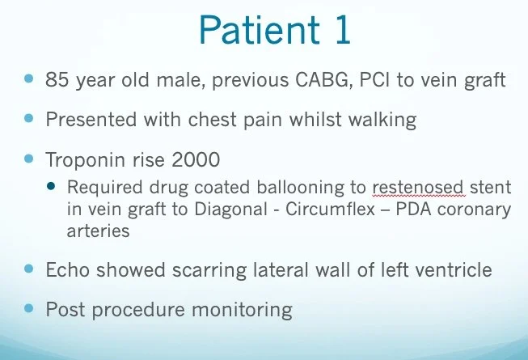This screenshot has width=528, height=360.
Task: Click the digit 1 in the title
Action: tap(342, 29)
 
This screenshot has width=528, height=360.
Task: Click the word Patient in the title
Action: tap(259, 29)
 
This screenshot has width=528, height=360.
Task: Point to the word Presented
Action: tap(91, 120)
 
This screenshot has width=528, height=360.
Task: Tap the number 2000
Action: tap(196, 159)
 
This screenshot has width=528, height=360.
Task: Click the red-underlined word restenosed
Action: tap(419, 187)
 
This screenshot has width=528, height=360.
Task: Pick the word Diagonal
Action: tap(231, 210)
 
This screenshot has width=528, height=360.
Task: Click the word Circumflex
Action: tap(331, 209)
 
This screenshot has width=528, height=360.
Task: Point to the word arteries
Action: tap(98, 231)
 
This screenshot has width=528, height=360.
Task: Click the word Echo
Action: tap(68, 270)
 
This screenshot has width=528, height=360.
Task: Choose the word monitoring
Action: tap(242, 311)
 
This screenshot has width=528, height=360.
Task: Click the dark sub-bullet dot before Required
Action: tap(51, 186)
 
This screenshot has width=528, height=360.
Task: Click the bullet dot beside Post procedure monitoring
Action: tap(29, 307)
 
